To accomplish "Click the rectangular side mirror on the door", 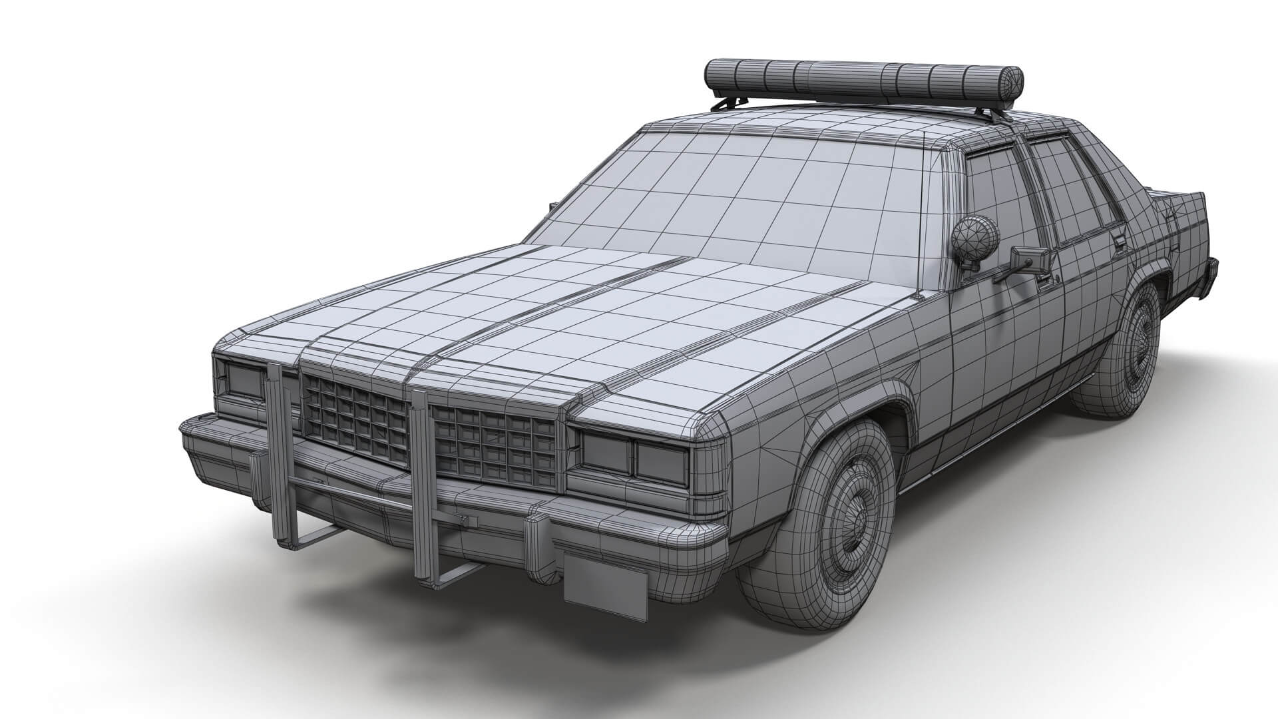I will [1028, 260].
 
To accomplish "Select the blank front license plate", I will [605, 586].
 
